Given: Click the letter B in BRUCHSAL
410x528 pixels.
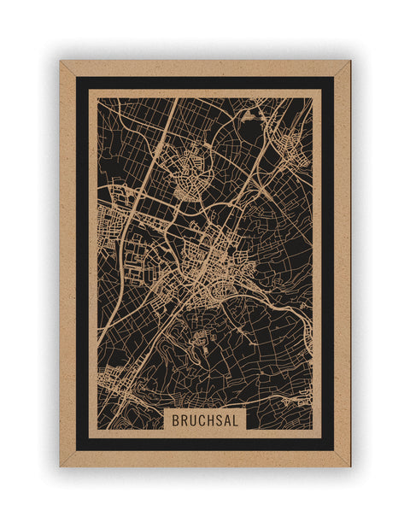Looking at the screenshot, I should tap(176, 420).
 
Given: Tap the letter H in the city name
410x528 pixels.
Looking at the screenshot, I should tap(209, 420).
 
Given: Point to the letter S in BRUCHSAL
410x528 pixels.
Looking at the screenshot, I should tap(219, 420).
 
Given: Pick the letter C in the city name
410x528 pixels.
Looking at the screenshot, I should tap(201, 420).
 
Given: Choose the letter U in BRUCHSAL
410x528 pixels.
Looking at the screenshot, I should tap(192, 420).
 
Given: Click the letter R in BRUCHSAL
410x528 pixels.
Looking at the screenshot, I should tap(184, 420).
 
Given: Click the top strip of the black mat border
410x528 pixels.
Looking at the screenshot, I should tap(205, 83).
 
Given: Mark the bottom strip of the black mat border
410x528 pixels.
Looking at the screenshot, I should tap(205, 443).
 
